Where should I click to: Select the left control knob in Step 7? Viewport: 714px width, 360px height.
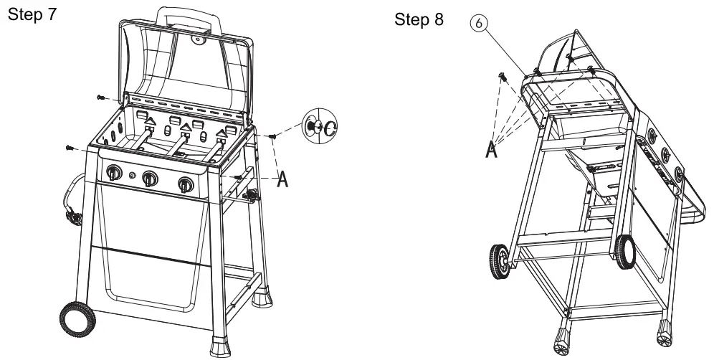coord(114,174)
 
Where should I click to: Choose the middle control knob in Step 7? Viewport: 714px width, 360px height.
coord(150,178)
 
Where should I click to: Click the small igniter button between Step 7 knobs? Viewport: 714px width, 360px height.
coord(131,174)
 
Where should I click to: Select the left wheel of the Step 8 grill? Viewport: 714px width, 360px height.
coord(502,261)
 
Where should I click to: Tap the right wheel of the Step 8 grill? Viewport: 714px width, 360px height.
coord(625,253)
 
